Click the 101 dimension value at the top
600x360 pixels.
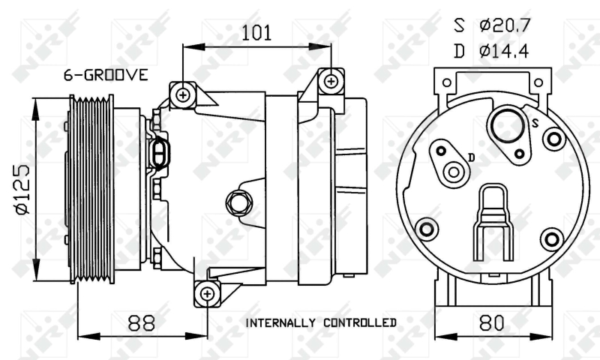(x=256, y=33)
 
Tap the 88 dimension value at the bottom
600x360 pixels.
(x=141, y=322)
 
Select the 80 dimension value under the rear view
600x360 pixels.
(x=492, y=323)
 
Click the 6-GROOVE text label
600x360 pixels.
(x=106, y=75)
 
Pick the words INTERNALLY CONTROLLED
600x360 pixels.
(x=321, y=323)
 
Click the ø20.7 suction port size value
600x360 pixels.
(x=505, y=25)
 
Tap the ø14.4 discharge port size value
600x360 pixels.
(x=504, y=51)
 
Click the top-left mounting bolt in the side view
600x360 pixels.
(x=183, y=95)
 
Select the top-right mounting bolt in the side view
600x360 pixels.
(x=331, y=81)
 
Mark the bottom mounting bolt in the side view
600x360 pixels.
(x=207, y=294)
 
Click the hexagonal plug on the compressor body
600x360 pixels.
(x=238, y=202)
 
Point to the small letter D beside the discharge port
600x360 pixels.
(x=472, y=157)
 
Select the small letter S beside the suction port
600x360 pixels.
(x=535, y=123)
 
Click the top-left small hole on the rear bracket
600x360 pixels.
(x=446, y=82)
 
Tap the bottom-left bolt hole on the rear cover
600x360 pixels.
(x=427, y=229)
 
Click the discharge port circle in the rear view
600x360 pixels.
(x=454, y=172)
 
